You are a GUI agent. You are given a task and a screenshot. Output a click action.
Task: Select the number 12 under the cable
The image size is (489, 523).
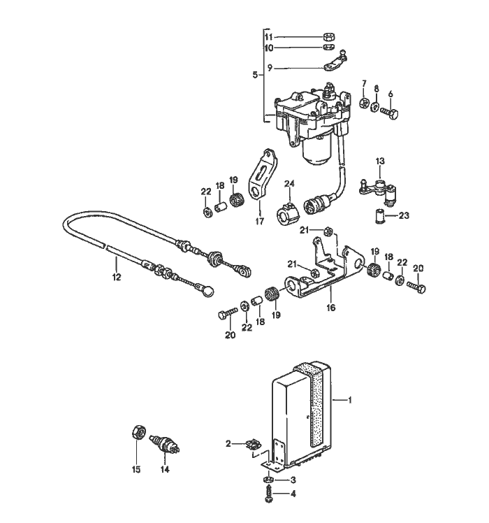point(116,277)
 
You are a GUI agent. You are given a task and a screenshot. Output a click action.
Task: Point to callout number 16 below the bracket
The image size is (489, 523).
point(331,307)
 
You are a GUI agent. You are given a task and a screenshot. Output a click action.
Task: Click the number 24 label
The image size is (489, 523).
point(289,185)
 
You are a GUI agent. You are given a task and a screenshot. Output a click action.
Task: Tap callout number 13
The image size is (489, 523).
point(380,162)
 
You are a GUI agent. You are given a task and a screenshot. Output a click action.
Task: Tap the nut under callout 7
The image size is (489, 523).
point(364,105)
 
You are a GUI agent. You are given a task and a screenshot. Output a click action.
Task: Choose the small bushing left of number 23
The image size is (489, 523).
point(379,217)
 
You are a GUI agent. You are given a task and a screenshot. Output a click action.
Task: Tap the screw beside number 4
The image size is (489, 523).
point(268,492)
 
